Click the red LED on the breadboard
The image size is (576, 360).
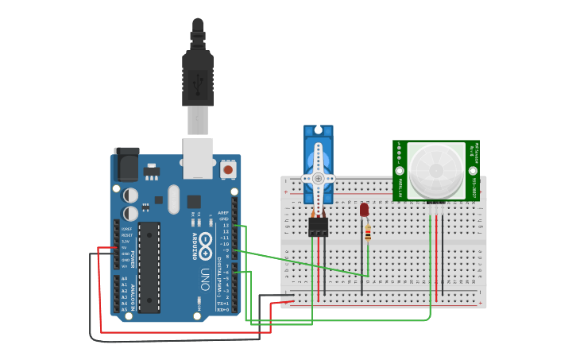(x=364, y=210)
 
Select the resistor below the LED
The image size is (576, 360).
(x=367, y=232)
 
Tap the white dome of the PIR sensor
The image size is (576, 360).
(x=436, y=171)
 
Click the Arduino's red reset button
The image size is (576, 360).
(x=228, y=169)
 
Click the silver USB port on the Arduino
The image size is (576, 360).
(x=198, y=157)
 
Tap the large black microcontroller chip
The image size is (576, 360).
(x=149, y=266)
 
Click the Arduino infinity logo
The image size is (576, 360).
(x=205, y=245)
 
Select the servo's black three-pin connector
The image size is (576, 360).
(x=319, y=226)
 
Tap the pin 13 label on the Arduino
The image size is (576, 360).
(x=226, y=226)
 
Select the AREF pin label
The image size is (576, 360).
(x=224, y=213)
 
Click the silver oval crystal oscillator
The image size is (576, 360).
(x=174, y=199)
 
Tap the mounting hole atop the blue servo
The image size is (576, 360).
(x=319, y=129)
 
